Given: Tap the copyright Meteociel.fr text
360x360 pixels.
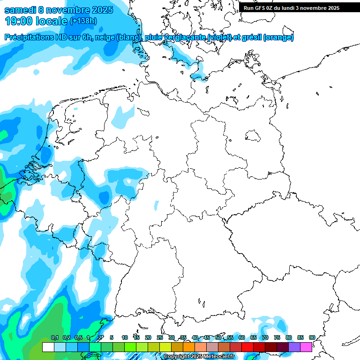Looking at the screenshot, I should (199, 356).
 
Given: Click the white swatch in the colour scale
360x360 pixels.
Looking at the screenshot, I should (48, 347).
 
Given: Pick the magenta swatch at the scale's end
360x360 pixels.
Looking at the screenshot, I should (306, 347).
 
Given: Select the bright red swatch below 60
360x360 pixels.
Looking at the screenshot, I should (247, 347).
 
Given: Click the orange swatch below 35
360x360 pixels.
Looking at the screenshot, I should (189, 347).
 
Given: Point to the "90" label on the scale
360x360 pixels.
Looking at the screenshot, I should (312, 337).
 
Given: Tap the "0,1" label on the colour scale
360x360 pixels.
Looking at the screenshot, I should (54, 337).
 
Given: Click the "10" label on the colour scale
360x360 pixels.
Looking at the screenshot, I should (125, 337).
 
